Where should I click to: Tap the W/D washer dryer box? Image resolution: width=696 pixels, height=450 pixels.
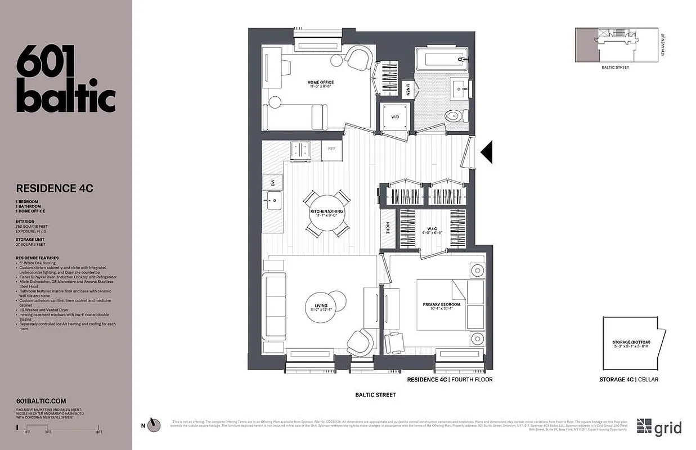pyautogui.click(x=395, y=117)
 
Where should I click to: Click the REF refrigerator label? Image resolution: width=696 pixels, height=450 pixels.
pyautogui.click(x=332, y=149)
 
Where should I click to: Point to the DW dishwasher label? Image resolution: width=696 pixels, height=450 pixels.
pyautogui.click(x=272, y=182)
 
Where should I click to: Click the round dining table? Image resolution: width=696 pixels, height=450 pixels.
pyautogui.click(x=326, y=214)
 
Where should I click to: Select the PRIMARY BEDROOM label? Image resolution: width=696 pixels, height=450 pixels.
pyautogui.click(x=442, y=304)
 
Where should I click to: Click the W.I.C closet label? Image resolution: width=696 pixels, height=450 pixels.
pyautogui.click(x=432, y=228)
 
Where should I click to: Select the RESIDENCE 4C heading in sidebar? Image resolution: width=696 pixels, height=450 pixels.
pyautogui.click(x=55, y=188)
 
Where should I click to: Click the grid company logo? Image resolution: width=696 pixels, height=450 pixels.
pyautogui.click(x=659, y=427)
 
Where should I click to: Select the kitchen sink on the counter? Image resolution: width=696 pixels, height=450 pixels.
pyautogui.click(x=273, y=200)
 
